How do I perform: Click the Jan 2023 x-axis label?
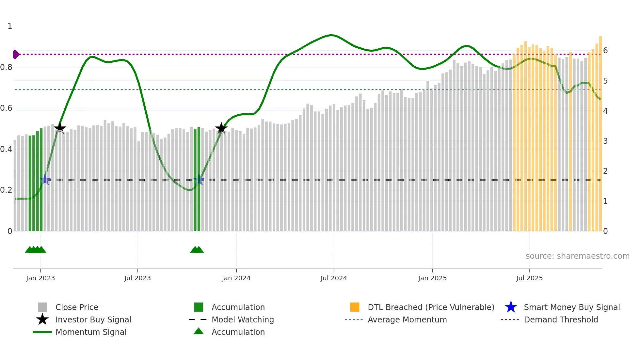40,278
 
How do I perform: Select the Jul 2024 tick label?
334,278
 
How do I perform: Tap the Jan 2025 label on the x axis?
432,278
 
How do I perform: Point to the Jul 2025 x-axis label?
529,278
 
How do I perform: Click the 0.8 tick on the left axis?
7,67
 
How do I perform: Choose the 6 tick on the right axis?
605,51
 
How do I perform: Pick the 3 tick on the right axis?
605,141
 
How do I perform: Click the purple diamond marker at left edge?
16,54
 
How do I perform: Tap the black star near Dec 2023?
221,128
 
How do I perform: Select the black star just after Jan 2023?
60,128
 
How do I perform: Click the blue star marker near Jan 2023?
45,180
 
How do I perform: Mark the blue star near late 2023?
199,180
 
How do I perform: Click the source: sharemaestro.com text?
577,256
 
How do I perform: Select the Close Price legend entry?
77,307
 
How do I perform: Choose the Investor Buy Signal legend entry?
93,320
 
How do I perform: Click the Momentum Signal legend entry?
91,332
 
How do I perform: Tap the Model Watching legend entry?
243,320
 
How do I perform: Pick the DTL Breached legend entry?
431,307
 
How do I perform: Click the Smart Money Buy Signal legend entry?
572,307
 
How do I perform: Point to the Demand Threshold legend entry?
561,320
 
